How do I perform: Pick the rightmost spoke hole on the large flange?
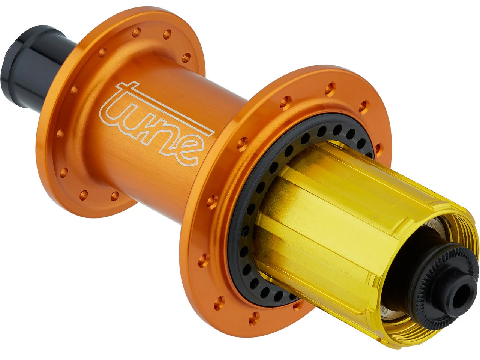[378, 147]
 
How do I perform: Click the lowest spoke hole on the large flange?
[256, 315]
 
